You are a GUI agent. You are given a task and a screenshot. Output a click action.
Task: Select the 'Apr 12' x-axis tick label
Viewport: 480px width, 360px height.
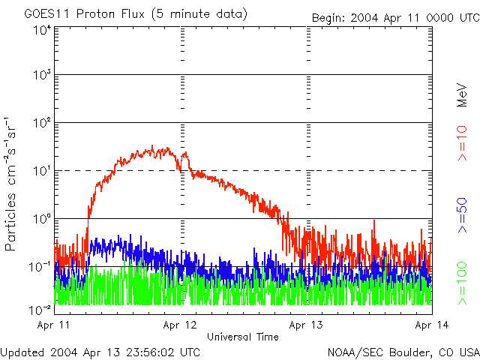[181, 325]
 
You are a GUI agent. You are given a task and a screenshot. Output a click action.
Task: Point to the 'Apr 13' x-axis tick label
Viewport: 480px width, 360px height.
[306, 325]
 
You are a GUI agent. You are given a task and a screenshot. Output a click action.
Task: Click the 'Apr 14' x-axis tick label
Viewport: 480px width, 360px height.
[432, 325]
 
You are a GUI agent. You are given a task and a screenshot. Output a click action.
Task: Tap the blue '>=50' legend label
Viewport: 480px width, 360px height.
[463, 215]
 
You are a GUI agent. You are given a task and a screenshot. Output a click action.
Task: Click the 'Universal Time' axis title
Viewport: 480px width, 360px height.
[242, 337]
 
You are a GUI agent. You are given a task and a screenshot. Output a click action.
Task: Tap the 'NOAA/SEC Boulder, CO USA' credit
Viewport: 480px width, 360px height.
[403, 352]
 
